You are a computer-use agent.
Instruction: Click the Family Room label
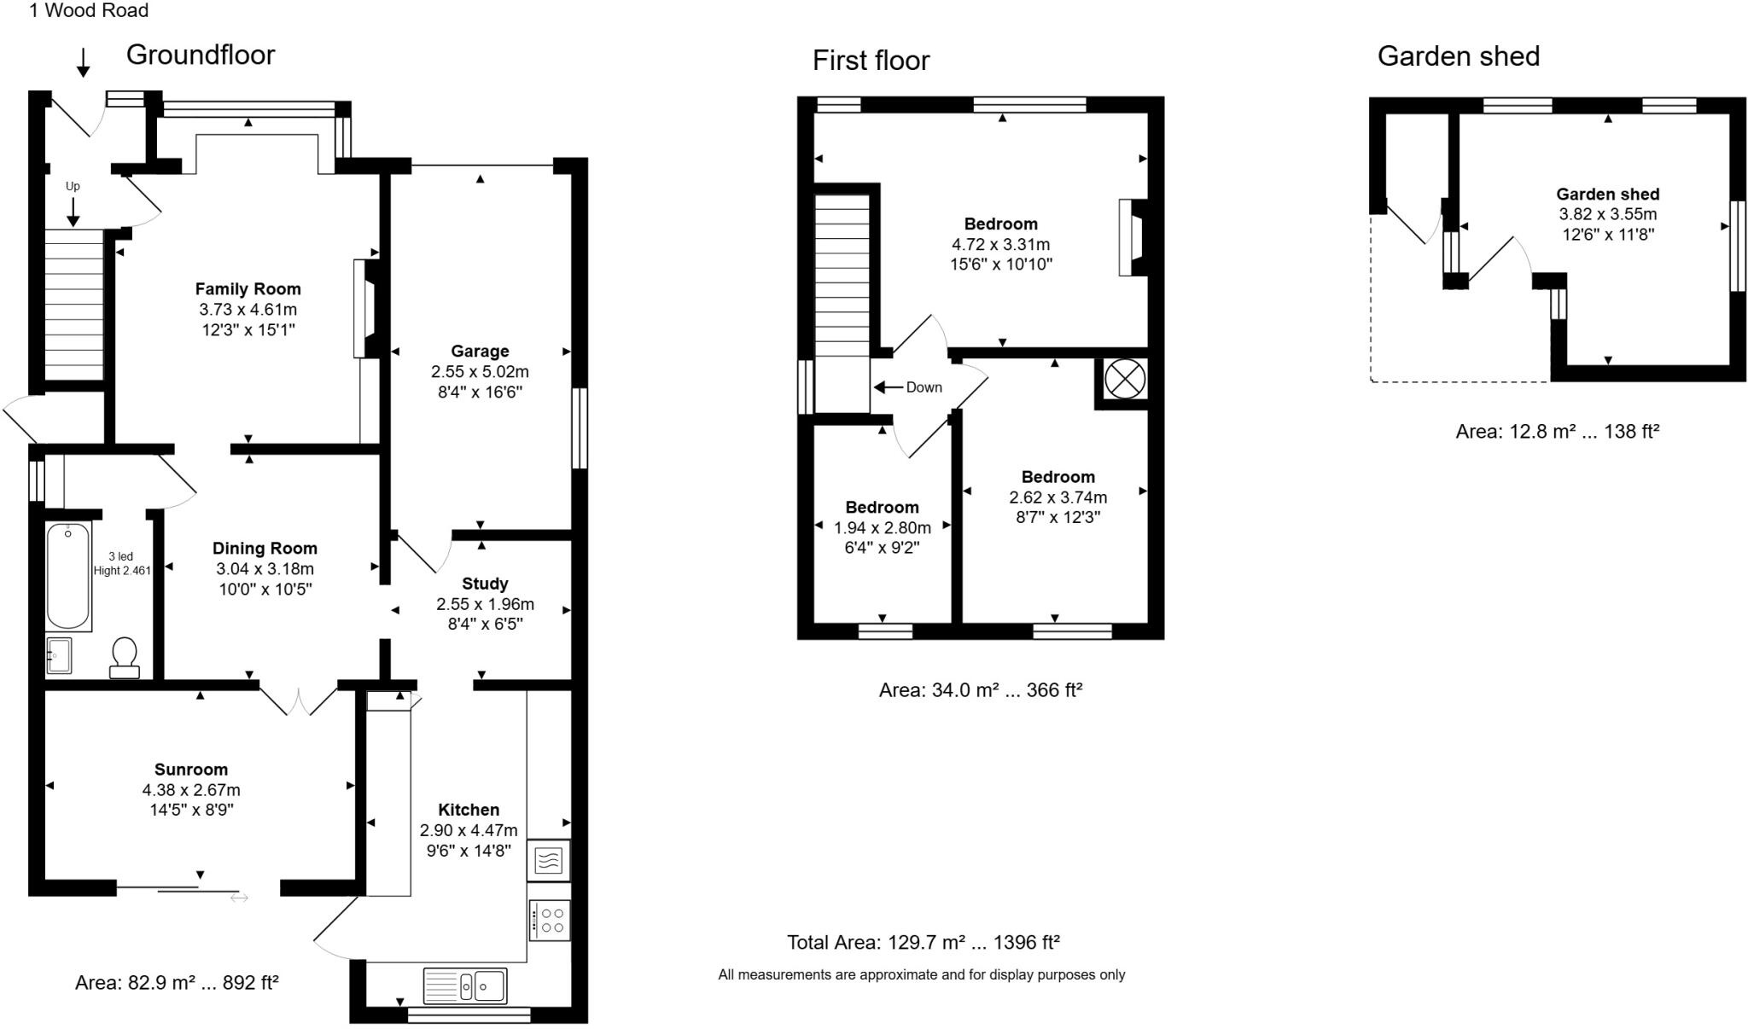248,289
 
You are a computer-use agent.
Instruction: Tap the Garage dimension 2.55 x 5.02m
480,372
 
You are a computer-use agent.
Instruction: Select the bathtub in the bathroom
68,576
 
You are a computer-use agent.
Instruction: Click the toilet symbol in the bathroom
125,659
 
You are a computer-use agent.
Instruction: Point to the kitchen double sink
465,986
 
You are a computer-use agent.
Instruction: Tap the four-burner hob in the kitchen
550,921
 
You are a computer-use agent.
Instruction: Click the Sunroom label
191,770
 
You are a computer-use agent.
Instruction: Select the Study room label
485,584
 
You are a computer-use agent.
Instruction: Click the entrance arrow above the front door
84,62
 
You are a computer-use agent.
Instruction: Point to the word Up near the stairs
73,186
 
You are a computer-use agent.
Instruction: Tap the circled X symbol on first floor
1125,379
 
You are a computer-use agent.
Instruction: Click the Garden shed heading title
1458,56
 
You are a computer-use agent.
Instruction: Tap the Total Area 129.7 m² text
923,942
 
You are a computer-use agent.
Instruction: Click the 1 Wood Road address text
89,11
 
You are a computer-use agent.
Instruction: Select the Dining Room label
265,549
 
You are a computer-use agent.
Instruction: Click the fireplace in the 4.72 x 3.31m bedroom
1133,237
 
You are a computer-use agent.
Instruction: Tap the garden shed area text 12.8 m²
1557,432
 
